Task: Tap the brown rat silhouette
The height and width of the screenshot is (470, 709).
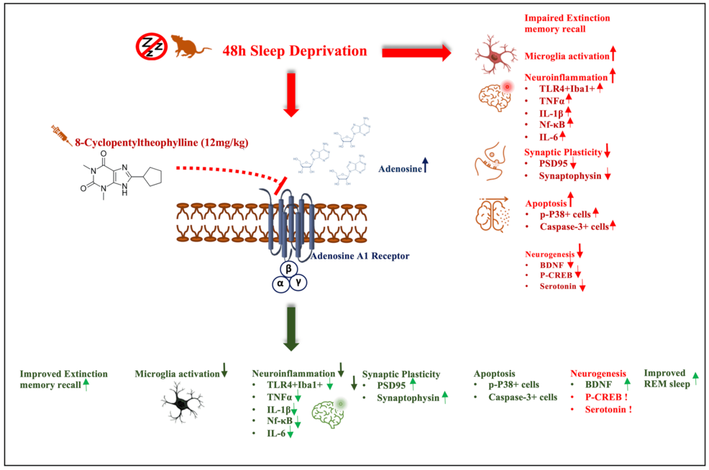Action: click(188, 47)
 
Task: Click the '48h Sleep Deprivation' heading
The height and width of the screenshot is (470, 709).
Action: click(296, 52)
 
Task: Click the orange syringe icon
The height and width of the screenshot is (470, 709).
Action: click(59, 133)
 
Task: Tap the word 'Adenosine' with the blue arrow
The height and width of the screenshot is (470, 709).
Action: click(398, 169)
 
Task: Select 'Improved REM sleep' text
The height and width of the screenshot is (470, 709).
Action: click(666, 378)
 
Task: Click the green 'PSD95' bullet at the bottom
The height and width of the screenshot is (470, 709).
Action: click(391, 384)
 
